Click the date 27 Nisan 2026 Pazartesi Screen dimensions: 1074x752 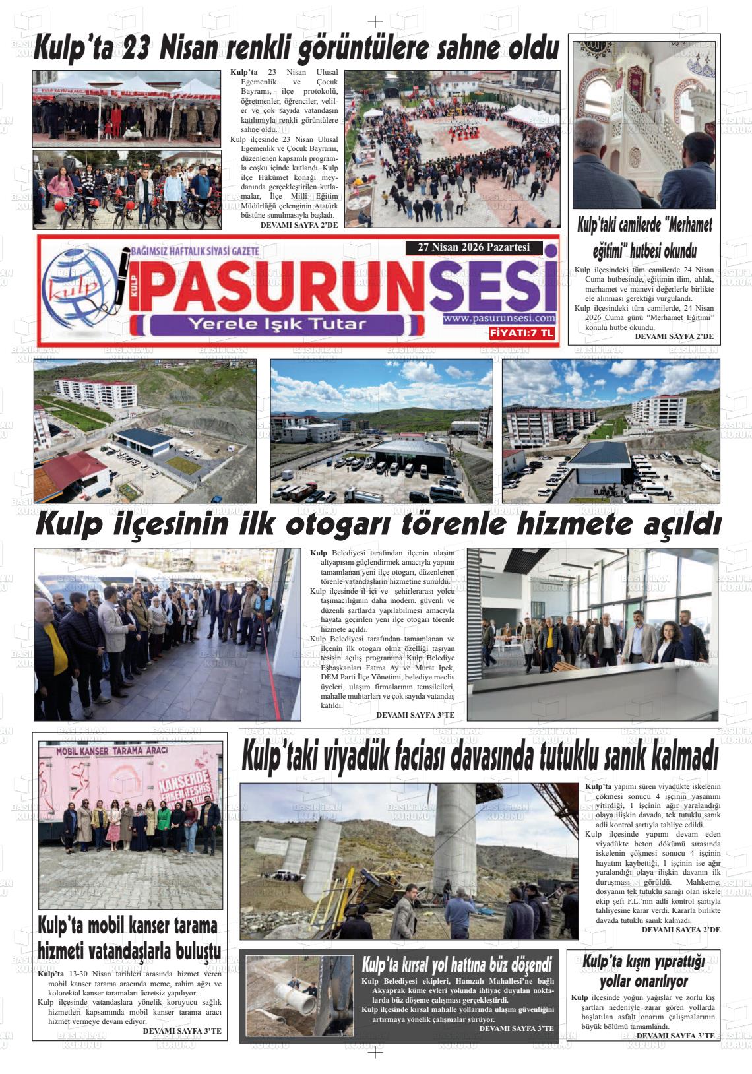474,248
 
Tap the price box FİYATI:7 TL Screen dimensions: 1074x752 522,334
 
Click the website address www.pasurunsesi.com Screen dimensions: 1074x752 499,319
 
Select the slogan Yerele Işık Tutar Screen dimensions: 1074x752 277,324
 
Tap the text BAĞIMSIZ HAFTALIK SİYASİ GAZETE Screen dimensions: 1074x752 195,251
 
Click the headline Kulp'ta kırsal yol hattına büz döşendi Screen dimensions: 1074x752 456,966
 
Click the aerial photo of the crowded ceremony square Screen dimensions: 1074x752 452,148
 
